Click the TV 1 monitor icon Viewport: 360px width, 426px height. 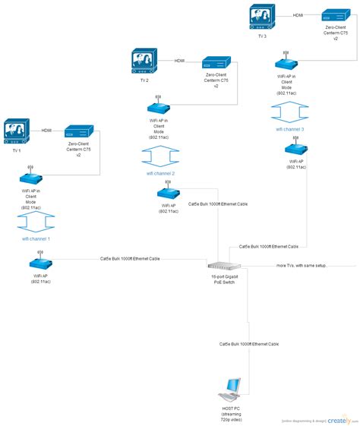(17, 131)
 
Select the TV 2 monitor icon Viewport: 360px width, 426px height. (144, 62)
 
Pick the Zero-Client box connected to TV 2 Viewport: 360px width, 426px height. (216, 62)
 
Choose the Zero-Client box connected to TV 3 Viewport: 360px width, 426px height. (335, 16)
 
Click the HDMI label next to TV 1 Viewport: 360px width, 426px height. (46, 130)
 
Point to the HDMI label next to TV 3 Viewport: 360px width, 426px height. (298, 14)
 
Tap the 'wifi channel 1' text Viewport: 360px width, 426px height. (36, 238)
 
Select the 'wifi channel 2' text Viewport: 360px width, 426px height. (160, 173)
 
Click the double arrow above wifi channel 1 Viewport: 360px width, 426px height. (36, 221)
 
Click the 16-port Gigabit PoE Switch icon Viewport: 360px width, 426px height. (224, 265)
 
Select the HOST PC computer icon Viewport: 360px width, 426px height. (229, 390)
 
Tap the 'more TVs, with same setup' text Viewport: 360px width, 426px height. (302, 266)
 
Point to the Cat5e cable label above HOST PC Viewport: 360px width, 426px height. (248, 344)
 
